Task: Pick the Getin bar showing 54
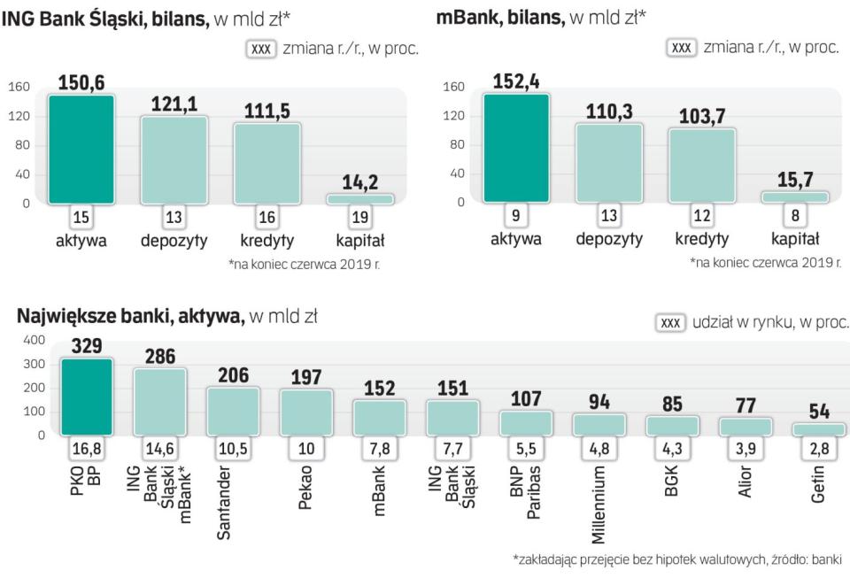(818, 429)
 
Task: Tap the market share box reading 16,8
(86, 450)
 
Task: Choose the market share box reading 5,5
(526, 450)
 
